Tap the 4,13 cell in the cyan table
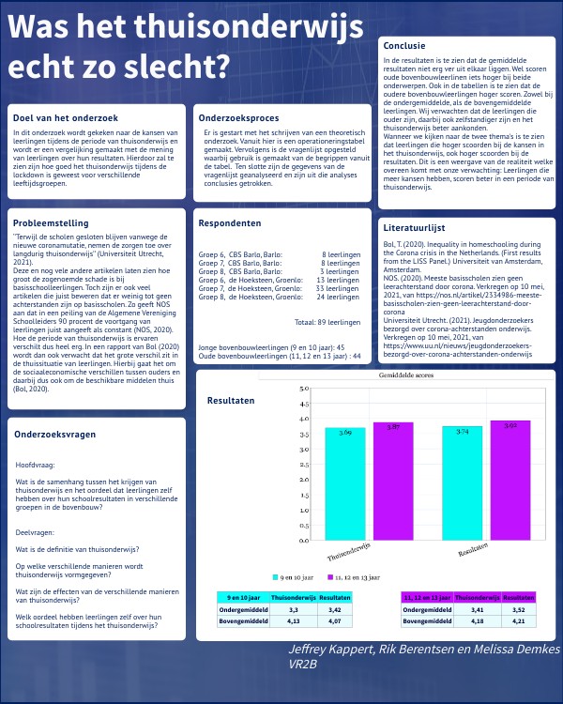pyautogui.click(x=286, y=620)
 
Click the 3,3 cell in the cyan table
pyautogui.click(x=286, y=608)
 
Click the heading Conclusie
pyautogui.click(x=404, y=44)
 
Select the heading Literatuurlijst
pyautogui.click(x=414, y=228)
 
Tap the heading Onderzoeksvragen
pyautogui.click(x=53, y=434)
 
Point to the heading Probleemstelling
pyautogui.click(x=51, y=223)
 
